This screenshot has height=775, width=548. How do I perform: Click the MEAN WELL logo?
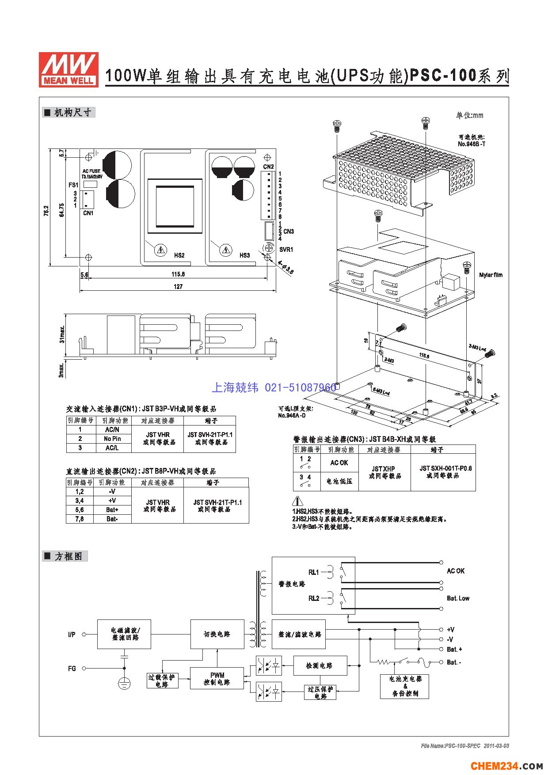[x=68, y=69]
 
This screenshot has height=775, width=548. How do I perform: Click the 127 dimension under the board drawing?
[x=178, y=287]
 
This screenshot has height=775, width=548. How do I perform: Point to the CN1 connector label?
[x=88, y=213]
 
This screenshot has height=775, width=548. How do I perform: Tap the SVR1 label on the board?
[x=286, y=250]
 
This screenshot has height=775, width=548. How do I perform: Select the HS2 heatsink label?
[x=179, y=255]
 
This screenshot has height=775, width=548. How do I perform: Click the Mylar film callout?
[x=491, y=275]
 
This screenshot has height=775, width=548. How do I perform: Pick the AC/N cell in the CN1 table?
[x=112, y=429]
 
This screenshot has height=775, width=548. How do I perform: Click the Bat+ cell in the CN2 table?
[x=112, y=510]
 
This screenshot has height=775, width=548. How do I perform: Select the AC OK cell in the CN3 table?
[x=339, y=463]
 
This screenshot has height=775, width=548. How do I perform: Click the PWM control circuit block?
[x=217, y=679]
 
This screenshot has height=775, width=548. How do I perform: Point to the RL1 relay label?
[x=313, y=572]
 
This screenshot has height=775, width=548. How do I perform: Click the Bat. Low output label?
[x=458, y=598]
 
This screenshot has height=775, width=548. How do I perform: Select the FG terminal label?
[x=72, y=669]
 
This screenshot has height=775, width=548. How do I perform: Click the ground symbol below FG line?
[x=125, y=684]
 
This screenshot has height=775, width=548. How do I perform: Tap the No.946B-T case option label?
[x=472, y=141]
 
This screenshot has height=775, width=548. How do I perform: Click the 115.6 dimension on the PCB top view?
[x=178, y=274]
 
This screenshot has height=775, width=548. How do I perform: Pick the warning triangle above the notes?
[x=298, y=501]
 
